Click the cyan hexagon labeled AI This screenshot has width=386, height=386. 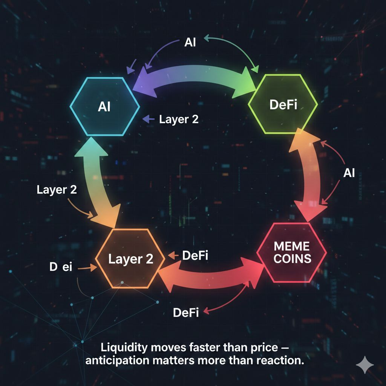click(x=104, y=106)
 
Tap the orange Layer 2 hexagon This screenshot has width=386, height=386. click(x=130, y=259)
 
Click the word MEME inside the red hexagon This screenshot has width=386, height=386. click(x=292, y=247)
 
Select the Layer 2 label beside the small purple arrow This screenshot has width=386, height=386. click(x=179, y=119)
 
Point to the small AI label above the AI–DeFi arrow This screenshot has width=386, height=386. click(x=190, y=42)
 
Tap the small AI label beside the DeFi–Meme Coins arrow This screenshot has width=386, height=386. click(x=349, y=173)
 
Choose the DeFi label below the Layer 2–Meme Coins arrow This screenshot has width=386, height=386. click(x=185, y=312)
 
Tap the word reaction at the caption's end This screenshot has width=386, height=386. click(x=280, y=360)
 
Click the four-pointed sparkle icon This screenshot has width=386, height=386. click(x=365, y=365)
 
